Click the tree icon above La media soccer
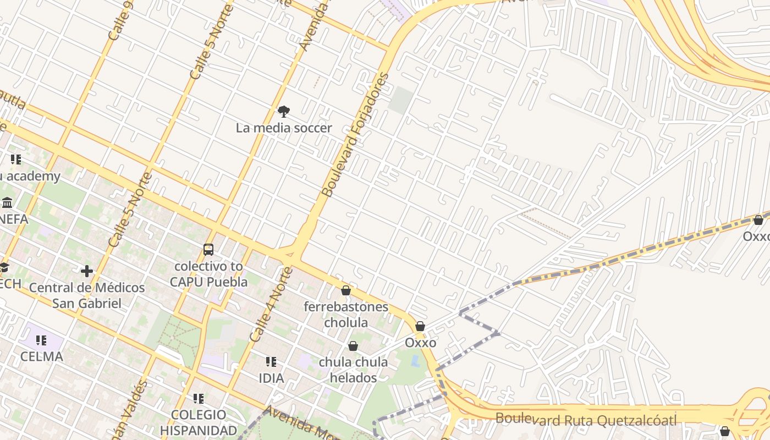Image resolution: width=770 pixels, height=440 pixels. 284,112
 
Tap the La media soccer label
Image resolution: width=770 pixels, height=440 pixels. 284,128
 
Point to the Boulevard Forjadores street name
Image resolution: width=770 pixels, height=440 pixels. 355,135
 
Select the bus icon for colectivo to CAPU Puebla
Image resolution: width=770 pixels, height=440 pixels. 208,250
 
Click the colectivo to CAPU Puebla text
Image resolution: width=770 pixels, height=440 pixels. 208,274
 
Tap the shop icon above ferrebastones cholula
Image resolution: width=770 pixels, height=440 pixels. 346,290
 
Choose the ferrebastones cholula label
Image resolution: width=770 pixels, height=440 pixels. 346,315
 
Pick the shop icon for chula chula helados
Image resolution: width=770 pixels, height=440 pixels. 353,346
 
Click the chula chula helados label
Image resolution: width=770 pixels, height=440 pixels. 353,370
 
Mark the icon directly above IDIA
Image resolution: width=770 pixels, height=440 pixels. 271,362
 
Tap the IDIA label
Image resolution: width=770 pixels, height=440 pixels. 271,378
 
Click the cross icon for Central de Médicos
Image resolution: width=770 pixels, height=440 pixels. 87,271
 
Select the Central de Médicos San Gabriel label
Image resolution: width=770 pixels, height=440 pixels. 87,295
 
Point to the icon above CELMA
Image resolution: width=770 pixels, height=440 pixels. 42,340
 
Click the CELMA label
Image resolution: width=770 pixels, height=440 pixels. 42,356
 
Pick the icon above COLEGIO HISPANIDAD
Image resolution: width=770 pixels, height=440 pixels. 199,398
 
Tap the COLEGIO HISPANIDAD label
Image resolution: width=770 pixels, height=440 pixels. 199,422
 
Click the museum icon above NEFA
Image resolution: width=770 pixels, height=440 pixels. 7,203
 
